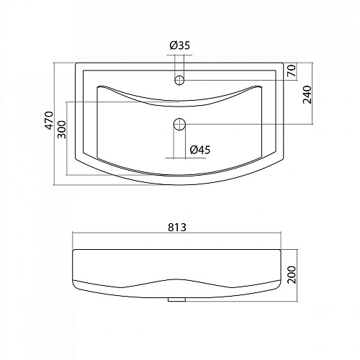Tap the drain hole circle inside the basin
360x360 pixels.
point(179,124)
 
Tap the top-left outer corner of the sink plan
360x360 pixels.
point(75,63)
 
